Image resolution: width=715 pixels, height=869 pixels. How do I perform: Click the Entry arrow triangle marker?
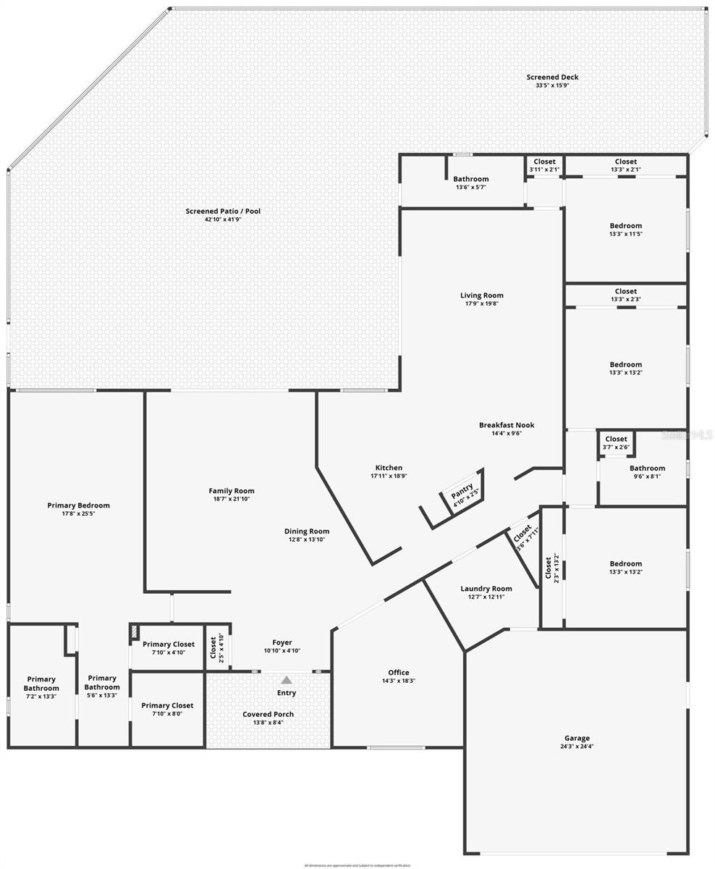pos(287,680)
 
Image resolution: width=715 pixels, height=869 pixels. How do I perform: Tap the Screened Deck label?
pos(552,77)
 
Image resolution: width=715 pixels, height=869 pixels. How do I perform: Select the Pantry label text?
pos(461,490)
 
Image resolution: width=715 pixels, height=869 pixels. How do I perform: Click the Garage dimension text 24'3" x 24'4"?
pos(577,747)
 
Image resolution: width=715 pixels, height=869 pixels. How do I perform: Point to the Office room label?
pos(398,673)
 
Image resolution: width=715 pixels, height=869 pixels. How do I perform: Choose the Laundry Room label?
pos(486,589)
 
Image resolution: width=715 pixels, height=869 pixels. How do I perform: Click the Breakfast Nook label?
pos(507,425)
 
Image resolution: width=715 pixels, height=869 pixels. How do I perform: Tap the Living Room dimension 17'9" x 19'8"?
pos(481,304)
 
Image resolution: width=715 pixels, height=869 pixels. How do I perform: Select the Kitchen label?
pos(389,468)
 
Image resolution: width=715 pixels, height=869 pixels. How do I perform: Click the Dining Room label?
pos(307,532)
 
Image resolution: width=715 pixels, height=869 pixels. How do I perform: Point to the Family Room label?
pos(232,491)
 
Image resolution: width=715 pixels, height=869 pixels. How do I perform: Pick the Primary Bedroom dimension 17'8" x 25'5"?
pos(78,514)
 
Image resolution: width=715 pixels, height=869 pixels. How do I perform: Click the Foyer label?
pos(282,642)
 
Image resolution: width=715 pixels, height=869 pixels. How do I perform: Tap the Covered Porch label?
pos(268,714)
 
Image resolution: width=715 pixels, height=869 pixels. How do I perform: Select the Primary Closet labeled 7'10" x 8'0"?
pos(167,705)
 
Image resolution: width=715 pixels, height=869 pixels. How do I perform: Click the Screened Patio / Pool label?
pos(223,211)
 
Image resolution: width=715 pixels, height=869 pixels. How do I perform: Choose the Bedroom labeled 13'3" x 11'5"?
pos(625,226)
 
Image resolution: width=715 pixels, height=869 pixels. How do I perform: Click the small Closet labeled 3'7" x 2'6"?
pos(616,439)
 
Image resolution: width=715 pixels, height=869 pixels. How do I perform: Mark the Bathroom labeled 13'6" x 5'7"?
pos(470,179)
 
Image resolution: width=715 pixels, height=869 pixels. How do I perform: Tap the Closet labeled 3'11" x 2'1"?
pos(544,162)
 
